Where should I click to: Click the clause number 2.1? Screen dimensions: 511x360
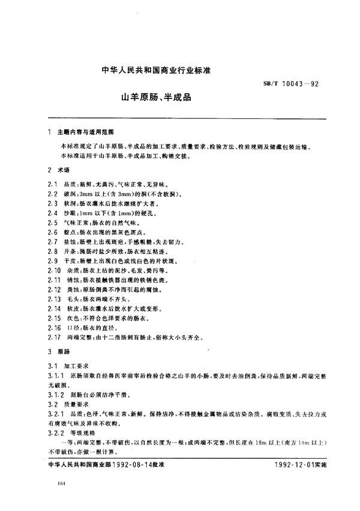[50, 186]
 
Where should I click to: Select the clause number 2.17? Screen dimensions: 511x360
[52, 338]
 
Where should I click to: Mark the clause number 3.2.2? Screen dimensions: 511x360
[53, 431]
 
